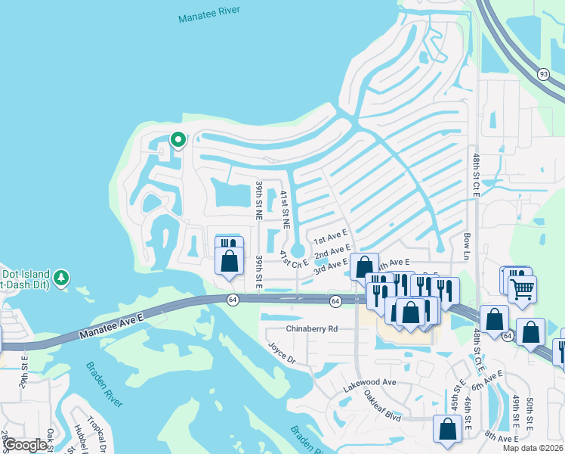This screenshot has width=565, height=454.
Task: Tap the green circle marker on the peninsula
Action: tap(178, 139)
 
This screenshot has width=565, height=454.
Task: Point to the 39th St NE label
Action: tap(259, 200)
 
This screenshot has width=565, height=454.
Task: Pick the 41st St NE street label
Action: tap(285, 209)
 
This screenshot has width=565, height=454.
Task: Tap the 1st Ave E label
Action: tap(330, 237)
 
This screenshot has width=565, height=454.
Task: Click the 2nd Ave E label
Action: tap(332, 251)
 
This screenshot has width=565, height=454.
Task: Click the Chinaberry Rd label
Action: tap(311, 329)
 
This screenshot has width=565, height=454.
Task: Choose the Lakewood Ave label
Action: tap(369, 383)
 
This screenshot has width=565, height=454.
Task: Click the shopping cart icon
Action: tap(523, 288)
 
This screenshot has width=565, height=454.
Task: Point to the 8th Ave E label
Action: tap(502, 437)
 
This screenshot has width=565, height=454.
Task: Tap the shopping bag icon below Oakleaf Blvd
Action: tap(447, 429)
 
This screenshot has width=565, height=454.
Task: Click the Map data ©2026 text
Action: tap(533, 448)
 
